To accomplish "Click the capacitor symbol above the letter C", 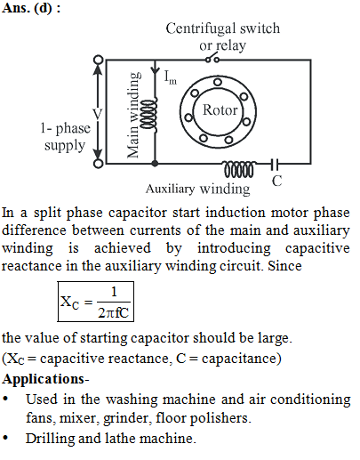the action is (275, 164).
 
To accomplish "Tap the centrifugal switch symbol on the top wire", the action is (212, 58).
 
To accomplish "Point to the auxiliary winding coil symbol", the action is (239, 169).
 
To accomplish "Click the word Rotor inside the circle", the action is (220, 110).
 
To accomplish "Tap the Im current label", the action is (171, 77).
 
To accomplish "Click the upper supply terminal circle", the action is (99, 60).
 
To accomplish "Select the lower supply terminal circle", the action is (99, 164).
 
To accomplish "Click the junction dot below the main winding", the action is (155, 163).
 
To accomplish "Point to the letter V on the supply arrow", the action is (98, 114).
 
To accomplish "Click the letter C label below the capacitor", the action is (276, 181).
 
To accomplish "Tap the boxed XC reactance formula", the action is (96, 302).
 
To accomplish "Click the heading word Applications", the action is (44, 380).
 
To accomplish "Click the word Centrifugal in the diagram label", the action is (201, 29).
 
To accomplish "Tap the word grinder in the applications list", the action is (127, 419).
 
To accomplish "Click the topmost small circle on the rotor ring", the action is (218, 82).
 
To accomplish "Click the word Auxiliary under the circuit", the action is (170, 189).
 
